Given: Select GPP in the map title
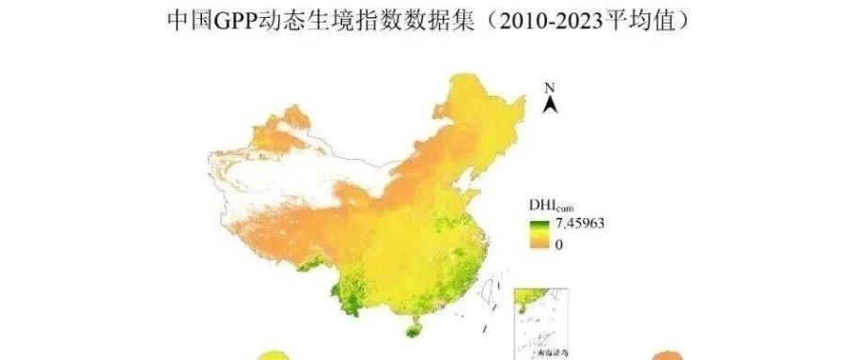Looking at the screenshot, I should pos(228,19).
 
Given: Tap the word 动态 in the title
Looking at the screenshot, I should pos(273,19).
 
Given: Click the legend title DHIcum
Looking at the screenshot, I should pos(545,203).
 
